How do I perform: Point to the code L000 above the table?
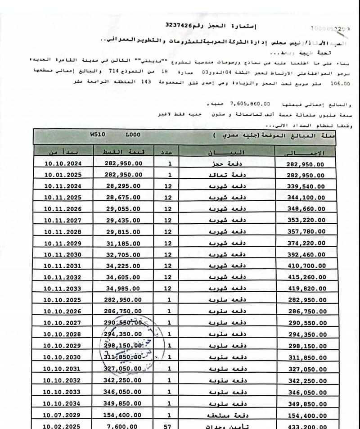point(133,134)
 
